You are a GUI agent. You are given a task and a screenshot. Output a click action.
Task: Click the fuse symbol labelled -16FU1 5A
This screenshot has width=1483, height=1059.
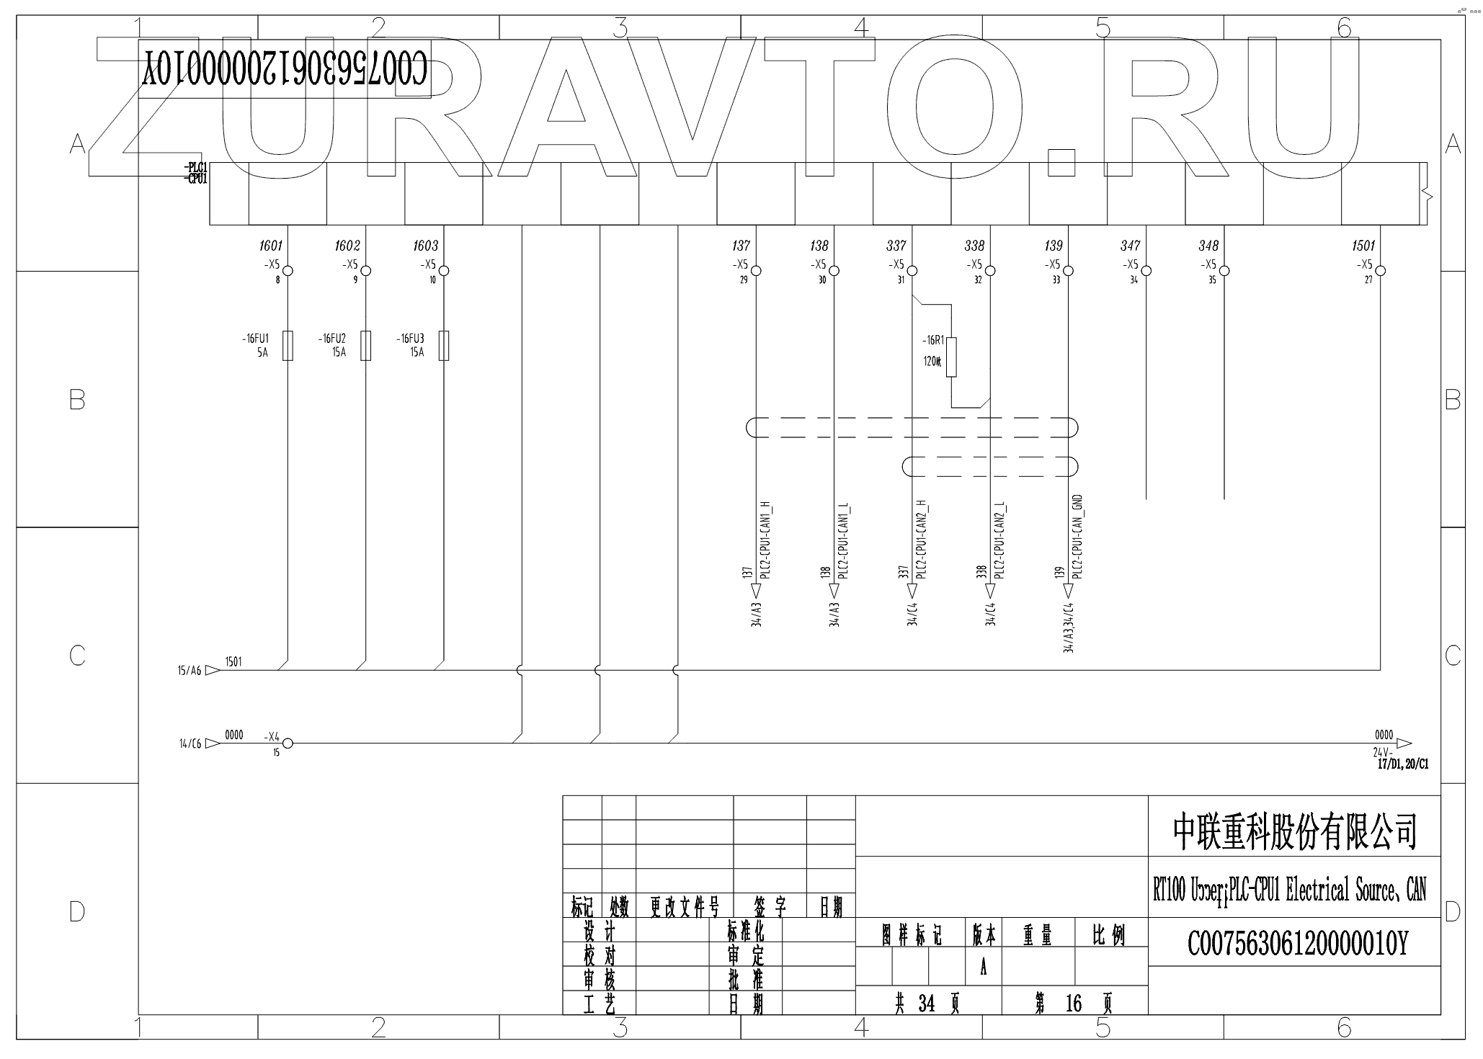click(288, 345)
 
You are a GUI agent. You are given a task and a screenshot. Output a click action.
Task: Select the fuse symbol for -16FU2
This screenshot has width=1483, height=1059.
click(366, 345)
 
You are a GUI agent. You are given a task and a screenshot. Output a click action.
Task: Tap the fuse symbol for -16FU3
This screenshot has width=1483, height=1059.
click(444, 345)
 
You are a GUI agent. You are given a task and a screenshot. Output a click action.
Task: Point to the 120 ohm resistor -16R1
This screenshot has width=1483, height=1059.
click(951, 357)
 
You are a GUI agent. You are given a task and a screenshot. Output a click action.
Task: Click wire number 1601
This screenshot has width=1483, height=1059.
click(271, 246)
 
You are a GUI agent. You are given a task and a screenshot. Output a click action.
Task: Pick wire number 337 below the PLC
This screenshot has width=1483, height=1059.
click(896, 246)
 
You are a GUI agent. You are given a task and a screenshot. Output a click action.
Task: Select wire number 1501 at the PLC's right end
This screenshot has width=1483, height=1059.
click(1363, 246)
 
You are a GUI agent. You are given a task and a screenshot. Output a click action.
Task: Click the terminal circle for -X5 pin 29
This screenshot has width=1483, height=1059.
click(756, 271)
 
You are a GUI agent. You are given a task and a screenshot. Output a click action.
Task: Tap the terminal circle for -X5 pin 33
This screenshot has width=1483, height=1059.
click(1069, 271)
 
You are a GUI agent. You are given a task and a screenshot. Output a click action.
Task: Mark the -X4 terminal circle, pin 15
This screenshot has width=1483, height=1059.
click(287, 743)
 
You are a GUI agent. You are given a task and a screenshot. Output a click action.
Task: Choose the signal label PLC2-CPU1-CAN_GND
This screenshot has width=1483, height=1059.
click(1079, 537)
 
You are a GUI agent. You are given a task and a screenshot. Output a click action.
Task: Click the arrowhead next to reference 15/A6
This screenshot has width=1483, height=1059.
click(212, 670)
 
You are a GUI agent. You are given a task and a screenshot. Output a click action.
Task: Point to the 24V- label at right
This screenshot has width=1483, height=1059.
click(1382, 753)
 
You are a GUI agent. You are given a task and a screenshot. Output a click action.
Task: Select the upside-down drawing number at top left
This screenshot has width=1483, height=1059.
click(285, 69)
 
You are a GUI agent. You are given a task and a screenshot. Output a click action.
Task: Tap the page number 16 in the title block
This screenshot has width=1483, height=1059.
click(1073, 1004)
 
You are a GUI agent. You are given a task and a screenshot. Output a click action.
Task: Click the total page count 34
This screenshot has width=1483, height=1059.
click(926, 1004)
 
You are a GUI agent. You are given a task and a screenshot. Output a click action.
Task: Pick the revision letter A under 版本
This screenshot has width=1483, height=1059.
click(983, 968)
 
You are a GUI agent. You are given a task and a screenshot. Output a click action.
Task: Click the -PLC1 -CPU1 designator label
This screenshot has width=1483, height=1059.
click(197, 174)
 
